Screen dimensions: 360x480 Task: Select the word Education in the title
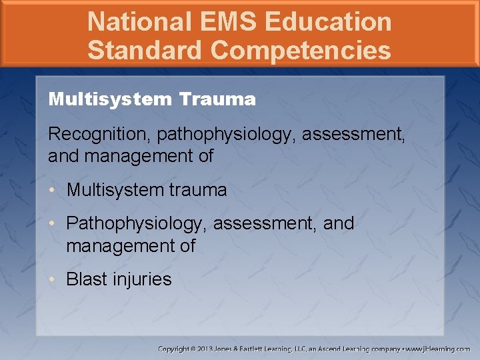click(x=328, y=22)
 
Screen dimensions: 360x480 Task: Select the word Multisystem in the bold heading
click(x=110, y=100)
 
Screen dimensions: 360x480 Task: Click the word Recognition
click(x=100, y=134)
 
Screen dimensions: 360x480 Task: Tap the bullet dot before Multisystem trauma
click(x=53, y=191)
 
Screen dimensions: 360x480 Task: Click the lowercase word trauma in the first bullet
click(x=197, y=190)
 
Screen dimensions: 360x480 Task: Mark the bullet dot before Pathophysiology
click(x=53, y=224)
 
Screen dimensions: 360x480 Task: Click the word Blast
click(x=86, y=279)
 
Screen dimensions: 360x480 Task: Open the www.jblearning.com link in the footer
click(x=439, y=349)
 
